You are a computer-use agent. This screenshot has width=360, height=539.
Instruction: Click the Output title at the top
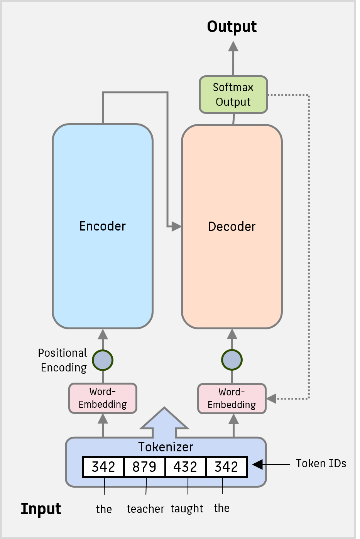tap(232, 27)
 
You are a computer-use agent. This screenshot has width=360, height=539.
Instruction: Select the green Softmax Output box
tap(233, 95)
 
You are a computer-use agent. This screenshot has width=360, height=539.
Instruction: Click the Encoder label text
tap(103, 226)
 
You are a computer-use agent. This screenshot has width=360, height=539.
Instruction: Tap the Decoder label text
tap(232, 226)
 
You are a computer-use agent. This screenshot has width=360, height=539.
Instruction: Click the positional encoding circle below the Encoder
tap(103, 360)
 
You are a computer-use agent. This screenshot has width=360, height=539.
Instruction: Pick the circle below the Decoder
tap(232, 360)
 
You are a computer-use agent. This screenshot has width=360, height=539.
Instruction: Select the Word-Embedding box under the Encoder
tap(103, 398)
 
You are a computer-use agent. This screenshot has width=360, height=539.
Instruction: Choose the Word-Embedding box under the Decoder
tap(232, 398)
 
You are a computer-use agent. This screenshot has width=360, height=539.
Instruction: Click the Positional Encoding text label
tap(63, 360)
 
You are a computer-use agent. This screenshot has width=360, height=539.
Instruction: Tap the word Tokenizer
tap(166, 447)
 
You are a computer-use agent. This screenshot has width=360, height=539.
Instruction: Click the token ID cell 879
tap(144, 467)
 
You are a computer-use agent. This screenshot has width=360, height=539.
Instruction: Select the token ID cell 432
tap(186, 467)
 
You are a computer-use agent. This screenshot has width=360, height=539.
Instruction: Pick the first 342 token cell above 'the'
tap(103, 467)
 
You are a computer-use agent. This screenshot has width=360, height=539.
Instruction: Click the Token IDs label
tap(321, 463)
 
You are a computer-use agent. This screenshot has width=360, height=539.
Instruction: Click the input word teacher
tap(145, 509)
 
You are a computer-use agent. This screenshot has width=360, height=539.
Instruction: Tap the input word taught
tap(187, 509)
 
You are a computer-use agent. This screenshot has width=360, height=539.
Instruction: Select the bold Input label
tap(41, 509)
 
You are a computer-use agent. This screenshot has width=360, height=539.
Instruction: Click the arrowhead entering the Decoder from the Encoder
tap(176, 226)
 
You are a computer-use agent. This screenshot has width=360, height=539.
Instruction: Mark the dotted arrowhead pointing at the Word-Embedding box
tap(272, 398)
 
